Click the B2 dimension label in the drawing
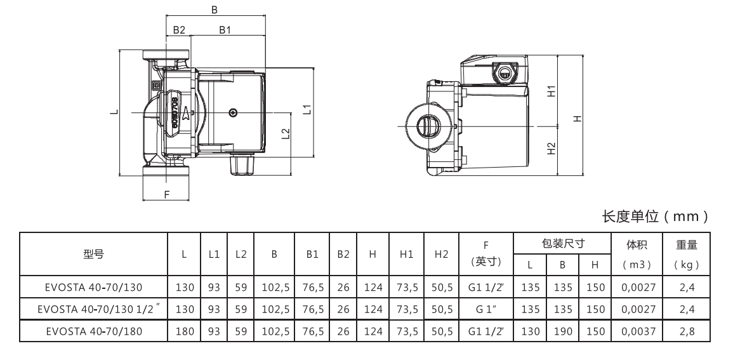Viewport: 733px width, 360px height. pyautogui.click(x=178, y=30)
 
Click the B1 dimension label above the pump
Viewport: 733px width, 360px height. pyautogui.click(x=225, y=30)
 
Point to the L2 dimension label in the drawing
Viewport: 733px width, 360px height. pyautogui.click(x=286, y=134)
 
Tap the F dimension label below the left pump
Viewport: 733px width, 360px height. pyautogui.click(x=167, y=195)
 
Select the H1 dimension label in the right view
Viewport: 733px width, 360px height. pyautogui.click(x=551, y=91)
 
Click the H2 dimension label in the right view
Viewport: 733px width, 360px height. pyautogui.click(x=551, y=148)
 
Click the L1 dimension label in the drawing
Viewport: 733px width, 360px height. pyautogui.click(x=307, y=109)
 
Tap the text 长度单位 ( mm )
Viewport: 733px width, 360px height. pyautogui.click(x=654, y=217)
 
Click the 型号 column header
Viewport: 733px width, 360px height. pyautogui.click(x=94, y=254)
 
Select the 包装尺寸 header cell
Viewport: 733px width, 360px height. pyautogui.click(x=562, y=243)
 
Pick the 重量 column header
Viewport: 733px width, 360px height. pyautogui.click(x=687, y=243)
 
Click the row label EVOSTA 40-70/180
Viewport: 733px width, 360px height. pyautogui.click(x=93, y=331)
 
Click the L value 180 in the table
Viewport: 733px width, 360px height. pyautogui.click(x=184, y=331)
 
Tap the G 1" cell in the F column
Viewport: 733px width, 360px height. pyautogui.click(x=485, y=309)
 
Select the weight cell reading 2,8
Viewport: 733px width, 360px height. pyautogui.click(x=687, y=331)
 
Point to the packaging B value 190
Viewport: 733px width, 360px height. pyautogui.click(x=562, y=331)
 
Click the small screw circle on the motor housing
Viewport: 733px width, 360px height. pyautogui.click(x=234, y=112)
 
